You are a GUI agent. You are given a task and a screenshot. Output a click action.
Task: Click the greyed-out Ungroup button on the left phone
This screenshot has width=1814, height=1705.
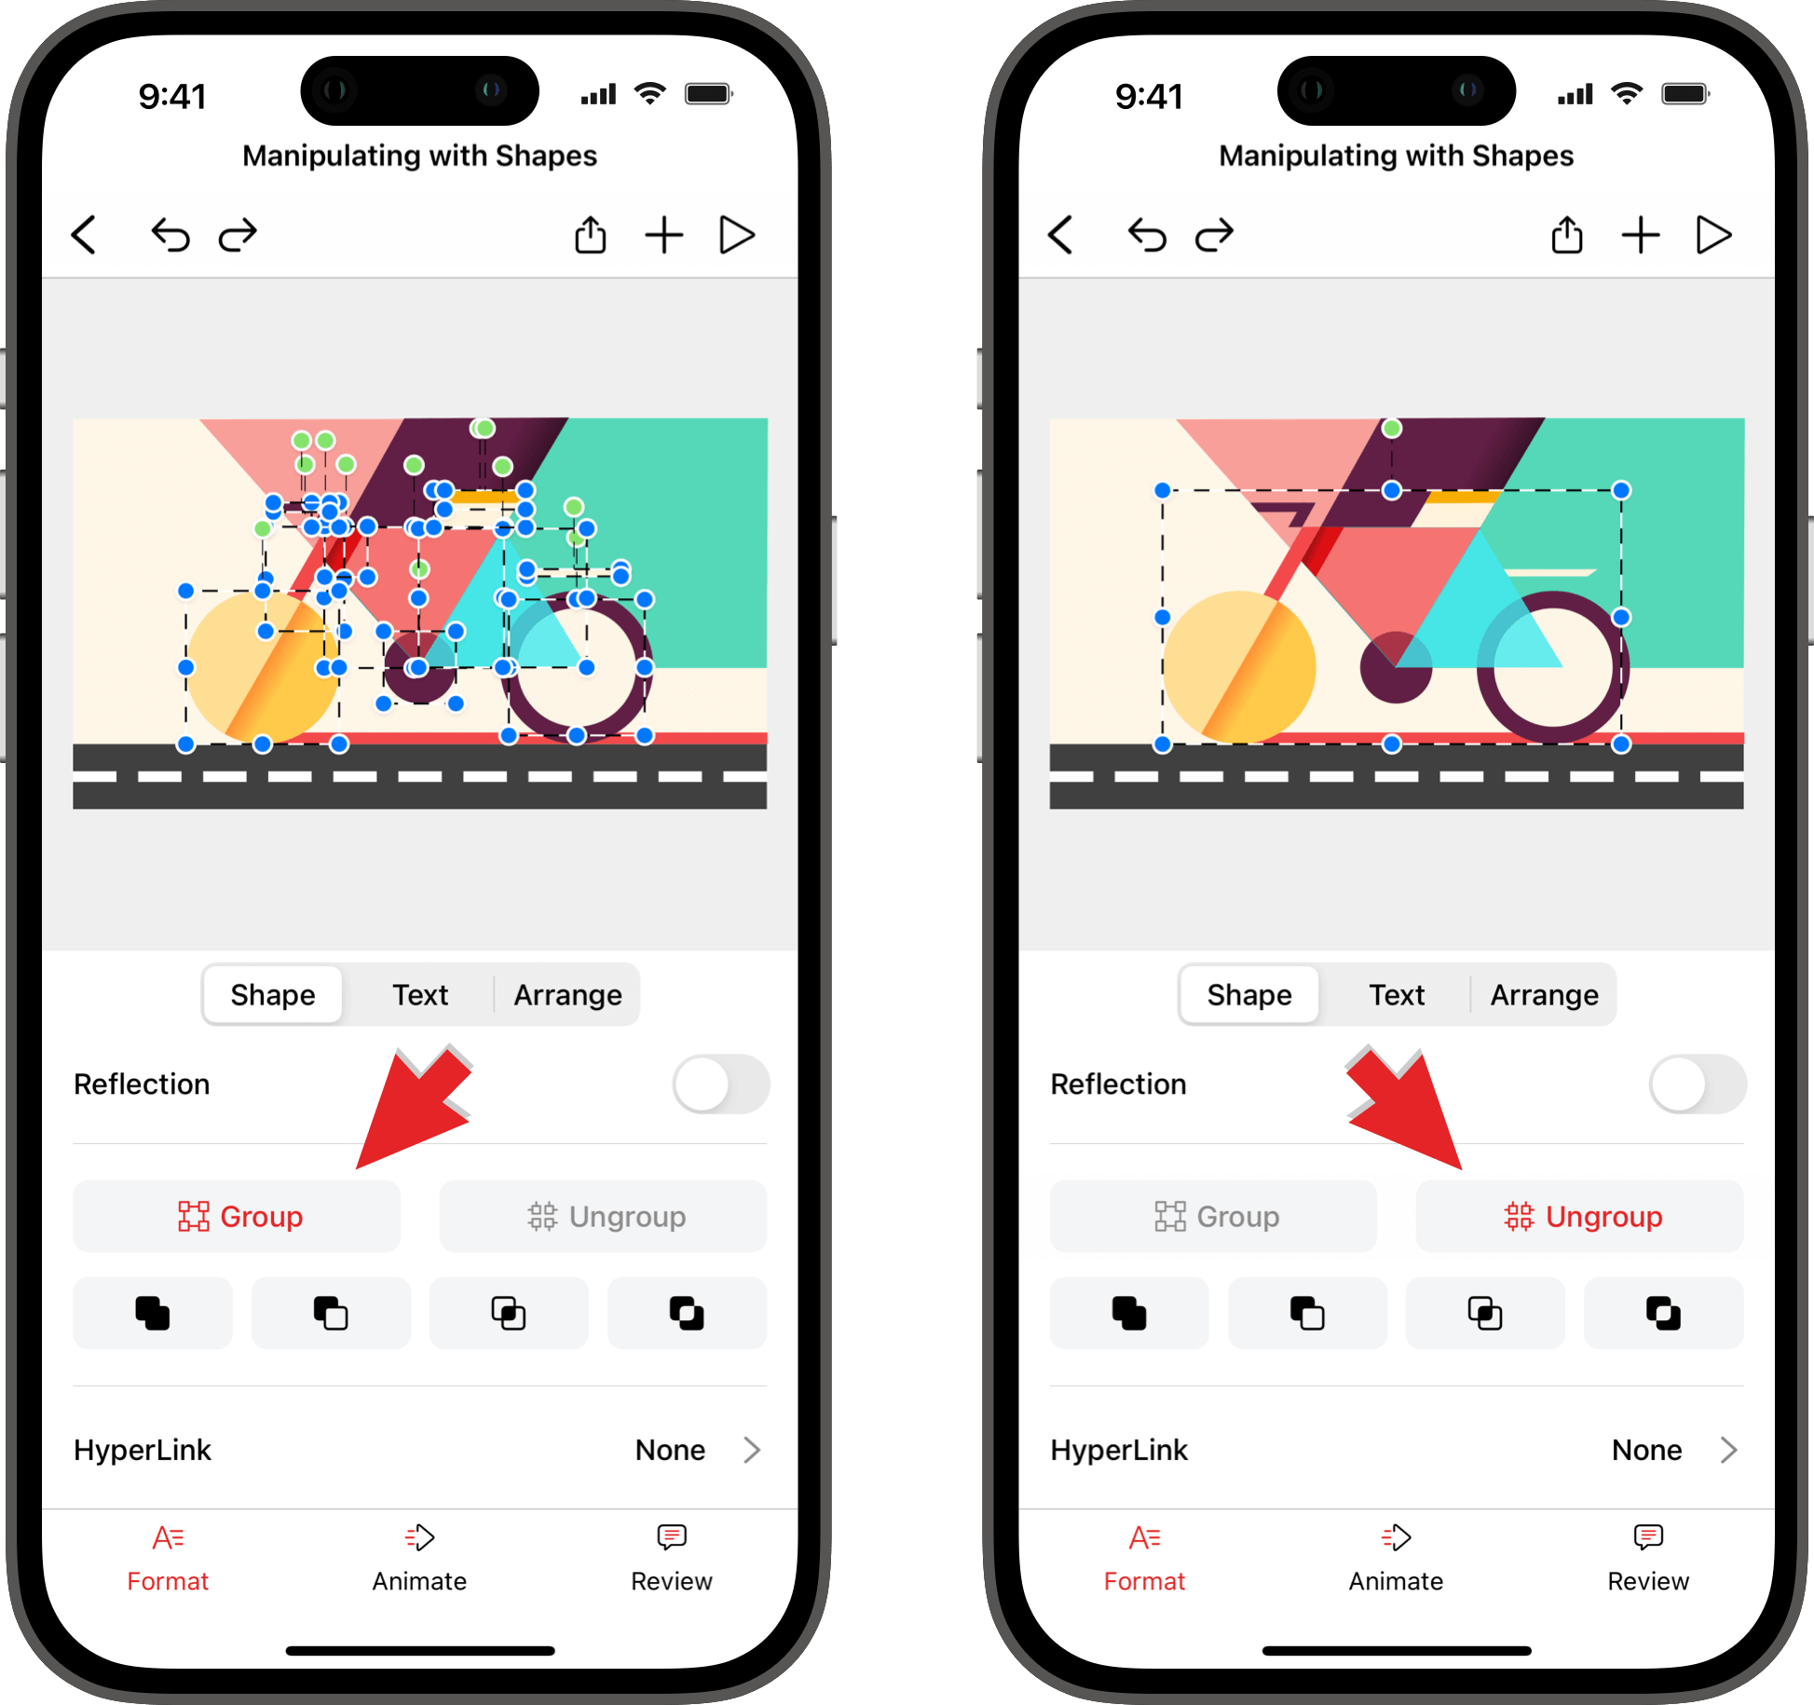[x=603, y=1216]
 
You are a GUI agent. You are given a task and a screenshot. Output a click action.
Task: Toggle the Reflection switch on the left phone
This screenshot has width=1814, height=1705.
[x=721, y=1084]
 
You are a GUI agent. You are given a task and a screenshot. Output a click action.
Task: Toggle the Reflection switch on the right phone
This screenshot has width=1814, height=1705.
[x=1698, y=1084]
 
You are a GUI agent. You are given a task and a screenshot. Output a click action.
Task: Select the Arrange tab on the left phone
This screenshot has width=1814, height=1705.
[x=567, y=995]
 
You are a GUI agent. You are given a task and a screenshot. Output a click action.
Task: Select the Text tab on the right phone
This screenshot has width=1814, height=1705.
[x=1397, y=995]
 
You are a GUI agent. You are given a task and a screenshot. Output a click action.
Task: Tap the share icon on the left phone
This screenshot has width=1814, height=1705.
[x=590, y=235]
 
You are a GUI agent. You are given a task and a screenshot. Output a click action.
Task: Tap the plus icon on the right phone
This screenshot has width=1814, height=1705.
[x=1641, y=235]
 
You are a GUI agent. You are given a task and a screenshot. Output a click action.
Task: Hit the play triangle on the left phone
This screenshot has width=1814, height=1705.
[x=737, y=235]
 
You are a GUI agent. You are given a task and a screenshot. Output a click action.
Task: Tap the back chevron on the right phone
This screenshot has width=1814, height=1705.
[x=1060, y=235]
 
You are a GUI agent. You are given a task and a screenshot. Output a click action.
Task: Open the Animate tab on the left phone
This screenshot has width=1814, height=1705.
[x=419, y=1558]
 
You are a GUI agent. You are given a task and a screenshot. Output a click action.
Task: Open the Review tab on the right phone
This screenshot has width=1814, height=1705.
[x=1648, y=1558]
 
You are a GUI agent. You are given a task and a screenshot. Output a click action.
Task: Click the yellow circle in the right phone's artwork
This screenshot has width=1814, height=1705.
[x=1239, y=667]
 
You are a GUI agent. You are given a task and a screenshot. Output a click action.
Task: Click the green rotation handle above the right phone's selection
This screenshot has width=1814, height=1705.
[x=1391, y=429]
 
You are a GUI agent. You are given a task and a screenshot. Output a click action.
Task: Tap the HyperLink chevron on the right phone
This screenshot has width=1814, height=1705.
[x=1729, y=1450]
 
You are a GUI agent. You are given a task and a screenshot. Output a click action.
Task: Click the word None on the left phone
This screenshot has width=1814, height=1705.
[x=670, y=1450]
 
